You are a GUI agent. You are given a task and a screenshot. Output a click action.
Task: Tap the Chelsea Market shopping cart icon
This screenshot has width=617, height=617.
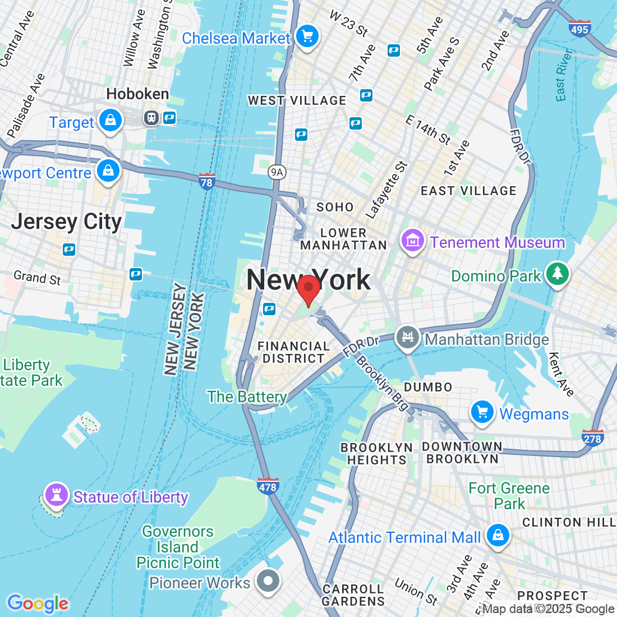[307, 37]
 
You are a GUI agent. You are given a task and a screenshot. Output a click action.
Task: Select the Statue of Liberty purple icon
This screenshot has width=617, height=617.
[56, 495]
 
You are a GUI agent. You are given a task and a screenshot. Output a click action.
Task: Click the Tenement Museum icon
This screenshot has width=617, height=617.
[412, 241]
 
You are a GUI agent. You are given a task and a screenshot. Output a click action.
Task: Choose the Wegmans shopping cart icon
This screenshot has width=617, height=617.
[482, 413]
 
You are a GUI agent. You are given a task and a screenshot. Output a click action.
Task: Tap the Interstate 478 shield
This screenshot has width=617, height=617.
[268, 486]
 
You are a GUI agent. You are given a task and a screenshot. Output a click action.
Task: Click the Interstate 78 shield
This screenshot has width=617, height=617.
[206, 182]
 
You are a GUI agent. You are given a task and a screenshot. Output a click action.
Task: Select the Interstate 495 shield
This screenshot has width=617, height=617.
[579, 28]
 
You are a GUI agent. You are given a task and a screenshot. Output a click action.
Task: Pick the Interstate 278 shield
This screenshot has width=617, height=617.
[592, 438]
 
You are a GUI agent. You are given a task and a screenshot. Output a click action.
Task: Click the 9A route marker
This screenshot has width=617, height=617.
[276, 172]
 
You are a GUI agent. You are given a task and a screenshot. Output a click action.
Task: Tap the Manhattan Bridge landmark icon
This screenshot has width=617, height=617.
[408, 338]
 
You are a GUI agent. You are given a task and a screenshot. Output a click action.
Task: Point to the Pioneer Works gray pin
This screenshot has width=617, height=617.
[268, 581]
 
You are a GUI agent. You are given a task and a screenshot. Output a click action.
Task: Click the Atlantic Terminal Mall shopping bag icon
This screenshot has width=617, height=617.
[498, 535]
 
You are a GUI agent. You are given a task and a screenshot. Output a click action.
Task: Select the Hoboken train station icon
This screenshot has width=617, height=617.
[151, 118]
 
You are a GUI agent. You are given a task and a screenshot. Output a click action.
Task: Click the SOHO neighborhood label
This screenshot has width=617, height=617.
[335, 207]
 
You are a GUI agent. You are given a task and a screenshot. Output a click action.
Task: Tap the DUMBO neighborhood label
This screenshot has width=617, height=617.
[428, 387]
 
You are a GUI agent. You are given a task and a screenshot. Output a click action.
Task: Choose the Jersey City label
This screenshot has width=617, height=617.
[66, 222]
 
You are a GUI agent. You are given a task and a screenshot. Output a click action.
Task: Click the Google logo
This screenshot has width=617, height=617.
[38, 604]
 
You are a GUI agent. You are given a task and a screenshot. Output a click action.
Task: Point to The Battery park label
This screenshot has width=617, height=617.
[247, 397]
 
